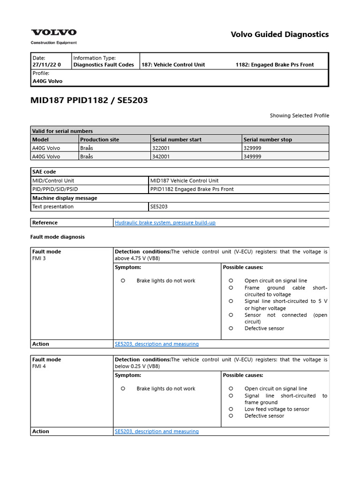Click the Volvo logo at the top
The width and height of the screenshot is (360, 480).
(53, 33)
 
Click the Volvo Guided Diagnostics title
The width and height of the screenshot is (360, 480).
(280, 34)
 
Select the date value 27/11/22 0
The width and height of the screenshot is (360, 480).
(46, 65)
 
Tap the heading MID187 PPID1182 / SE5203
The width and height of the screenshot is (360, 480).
(89, 100)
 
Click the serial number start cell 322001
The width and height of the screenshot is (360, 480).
(162, 148)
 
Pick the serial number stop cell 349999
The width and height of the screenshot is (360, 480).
(253, 157)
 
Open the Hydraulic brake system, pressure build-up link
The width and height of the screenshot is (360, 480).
(165, 223)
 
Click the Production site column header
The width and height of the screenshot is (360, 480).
(99, 140)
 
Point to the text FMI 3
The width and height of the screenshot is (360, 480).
(39, 258)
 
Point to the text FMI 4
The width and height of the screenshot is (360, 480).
(39, 367)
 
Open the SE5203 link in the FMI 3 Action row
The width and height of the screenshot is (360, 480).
(157, 344)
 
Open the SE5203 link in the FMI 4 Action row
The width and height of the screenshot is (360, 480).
(157, 431)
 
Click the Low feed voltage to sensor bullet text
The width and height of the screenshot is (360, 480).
(277, 409)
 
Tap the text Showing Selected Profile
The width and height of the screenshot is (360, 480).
(299, 115)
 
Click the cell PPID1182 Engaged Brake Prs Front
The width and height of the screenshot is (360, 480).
(192, 189)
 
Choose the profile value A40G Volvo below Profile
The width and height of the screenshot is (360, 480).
(47, 81)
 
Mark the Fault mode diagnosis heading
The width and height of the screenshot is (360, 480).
(58, 237)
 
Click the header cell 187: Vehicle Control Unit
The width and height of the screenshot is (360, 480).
(173, 65)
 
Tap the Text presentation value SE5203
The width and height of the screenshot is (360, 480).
(159, 206)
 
